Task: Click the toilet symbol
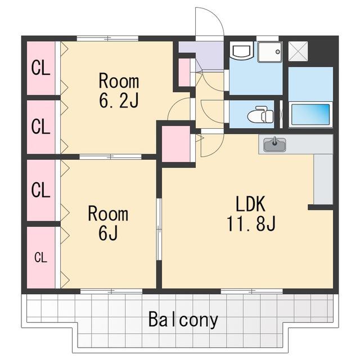point(260,115)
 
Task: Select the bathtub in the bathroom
point(310,114)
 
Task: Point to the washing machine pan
point(270,52)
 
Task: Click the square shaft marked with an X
point(298,51)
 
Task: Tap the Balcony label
point(183,320)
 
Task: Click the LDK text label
point(251,204)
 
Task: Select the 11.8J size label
point(251,223)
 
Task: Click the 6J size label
point(108,232)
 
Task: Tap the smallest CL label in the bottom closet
point(41,258)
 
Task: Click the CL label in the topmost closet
point(40,67)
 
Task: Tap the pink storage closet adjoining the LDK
point(176,144)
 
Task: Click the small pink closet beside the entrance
point(184,73)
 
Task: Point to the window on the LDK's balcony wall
point(252,291)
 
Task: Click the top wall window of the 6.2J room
point(107,38)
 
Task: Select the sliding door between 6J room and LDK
point(159,229)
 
